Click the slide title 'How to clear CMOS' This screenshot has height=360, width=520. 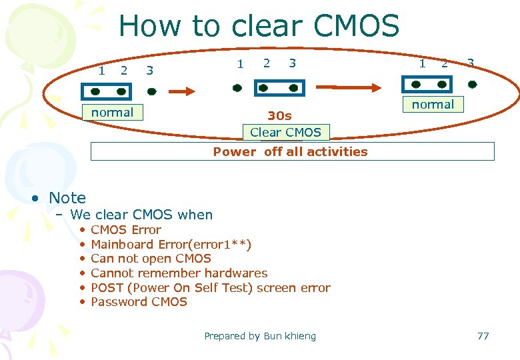[x=259, y=27]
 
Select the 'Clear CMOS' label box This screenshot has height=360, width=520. [x=285, y=133]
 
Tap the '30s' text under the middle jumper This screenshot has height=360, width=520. [x=279, y=116]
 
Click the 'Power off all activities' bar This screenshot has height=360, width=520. [x=292, y=151]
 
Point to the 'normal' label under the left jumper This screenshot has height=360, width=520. [x=112, y=113]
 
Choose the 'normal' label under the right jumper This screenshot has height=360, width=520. [x=433, y=105]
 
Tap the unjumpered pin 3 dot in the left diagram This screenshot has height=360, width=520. [x=151, y=89]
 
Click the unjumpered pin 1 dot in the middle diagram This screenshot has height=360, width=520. [x=237, y=87]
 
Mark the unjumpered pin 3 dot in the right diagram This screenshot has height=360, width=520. [x=472, y=85]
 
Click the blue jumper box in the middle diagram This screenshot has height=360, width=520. [x=279, y=87]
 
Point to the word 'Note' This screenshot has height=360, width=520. [x=67, y=198]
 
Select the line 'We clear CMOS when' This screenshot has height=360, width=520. [x=141, y=215]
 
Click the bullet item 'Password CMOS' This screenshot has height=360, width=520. [x=139, y=302]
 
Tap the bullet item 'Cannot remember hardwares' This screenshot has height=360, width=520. [x=179, y=273]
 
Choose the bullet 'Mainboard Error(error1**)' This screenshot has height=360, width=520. [x=171, y=244]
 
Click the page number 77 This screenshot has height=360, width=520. [x=483, y=336]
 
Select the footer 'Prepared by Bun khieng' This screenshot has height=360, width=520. [x=260, y=336]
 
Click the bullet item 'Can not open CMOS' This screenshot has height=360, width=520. [x=151, y=259]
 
